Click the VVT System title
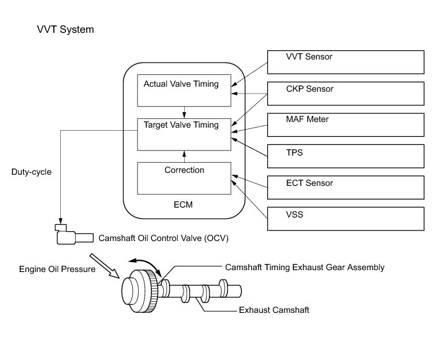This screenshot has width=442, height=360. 65,30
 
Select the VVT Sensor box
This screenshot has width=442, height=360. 345,62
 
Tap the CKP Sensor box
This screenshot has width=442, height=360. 345,94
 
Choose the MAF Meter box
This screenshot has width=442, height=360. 345,125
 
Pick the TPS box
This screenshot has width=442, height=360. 345,156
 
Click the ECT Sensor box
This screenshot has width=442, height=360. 345,187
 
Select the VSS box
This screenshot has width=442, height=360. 345,219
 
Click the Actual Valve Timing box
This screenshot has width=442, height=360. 184,90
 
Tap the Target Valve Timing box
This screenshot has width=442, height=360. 184,134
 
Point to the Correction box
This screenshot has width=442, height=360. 184,178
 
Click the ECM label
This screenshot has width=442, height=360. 183,204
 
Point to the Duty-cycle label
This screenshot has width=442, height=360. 31,172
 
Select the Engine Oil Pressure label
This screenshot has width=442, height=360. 57,269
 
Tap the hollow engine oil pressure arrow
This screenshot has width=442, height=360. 105,266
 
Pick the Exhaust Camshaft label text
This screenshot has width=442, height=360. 274,310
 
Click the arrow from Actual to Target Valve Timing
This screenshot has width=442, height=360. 184,112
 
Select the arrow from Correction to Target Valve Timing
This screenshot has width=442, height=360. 184,156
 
